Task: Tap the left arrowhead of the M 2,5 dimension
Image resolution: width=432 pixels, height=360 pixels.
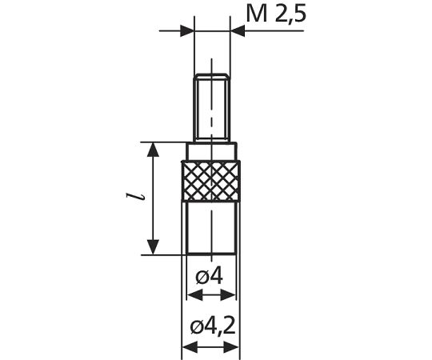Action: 187,31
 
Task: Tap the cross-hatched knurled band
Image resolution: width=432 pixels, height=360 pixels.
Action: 212,181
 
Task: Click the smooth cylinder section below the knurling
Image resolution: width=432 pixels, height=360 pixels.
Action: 212,228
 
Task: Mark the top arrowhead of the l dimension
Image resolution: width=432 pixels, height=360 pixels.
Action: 152,148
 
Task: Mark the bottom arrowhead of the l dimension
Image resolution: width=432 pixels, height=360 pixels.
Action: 152,249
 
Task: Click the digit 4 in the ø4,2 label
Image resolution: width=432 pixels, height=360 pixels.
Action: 210,327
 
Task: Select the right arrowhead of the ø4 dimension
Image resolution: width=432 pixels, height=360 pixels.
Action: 231,295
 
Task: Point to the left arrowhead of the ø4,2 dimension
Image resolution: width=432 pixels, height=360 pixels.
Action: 190,348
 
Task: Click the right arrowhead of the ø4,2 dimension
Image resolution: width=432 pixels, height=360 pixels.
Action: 234,348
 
